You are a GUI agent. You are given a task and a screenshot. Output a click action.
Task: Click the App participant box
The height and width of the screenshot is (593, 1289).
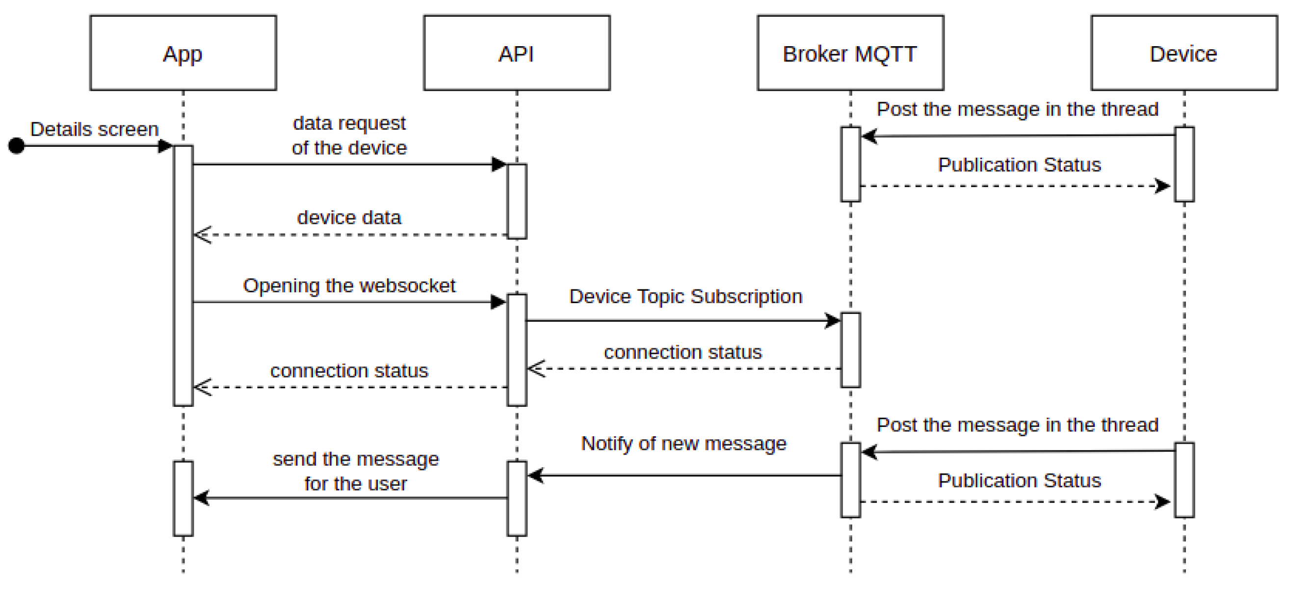183,53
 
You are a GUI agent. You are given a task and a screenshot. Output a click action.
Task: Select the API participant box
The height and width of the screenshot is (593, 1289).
516,53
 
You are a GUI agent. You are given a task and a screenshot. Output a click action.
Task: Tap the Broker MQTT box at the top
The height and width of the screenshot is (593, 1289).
850,53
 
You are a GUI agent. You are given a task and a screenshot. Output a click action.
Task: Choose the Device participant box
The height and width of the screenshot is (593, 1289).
1184,53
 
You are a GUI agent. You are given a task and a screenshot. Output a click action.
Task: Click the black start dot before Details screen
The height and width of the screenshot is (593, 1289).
17,146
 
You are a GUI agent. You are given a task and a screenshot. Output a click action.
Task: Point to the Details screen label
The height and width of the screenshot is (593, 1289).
94,129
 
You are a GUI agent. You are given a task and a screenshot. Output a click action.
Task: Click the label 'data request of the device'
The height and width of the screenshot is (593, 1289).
349,135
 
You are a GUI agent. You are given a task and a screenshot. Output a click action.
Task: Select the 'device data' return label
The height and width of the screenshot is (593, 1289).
349,217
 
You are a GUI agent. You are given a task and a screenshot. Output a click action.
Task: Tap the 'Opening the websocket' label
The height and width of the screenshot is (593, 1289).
349,285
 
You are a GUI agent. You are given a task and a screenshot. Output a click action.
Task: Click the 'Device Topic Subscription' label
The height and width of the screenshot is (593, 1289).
685,297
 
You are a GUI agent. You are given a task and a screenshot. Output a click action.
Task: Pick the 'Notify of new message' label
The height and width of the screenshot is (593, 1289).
684,443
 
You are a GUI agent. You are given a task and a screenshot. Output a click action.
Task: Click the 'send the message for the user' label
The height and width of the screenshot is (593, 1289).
356,471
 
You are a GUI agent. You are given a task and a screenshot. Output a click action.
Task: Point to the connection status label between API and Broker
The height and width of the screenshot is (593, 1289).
683,352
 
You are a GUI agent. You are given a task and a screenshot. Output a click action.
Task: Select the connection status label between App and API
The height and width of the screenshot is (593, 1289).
349,370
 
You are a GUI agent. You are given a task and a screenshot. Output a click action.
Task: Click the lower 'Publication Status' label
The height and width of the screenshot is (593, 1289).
1019,480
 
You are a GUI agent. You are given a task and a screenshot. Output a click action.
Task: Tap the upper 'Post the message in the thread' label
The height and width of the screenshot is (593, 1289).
1017,109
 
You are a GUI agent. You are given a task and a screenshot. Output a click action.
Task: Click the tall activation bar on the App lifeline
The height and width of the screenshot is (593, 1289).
183,276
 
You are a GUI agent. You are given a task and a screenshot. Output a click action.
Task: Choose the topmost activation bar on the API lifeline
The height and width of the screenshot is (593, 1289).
517,201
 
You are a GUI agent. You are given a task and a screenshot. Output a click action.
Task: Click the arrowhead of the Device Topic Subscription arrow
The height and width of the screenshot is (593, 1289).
834,320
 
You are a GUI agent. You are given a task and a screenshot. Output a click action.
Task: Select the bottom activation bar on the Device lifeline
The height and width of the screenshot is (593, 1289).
1184,480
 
